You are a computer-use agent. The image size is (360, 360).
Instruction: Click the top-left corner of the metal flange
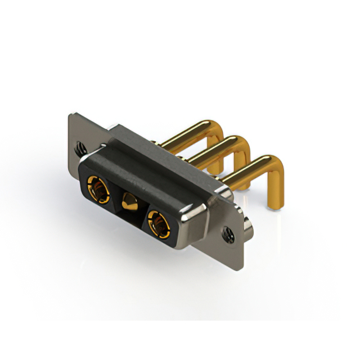[x=70, y=114]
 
